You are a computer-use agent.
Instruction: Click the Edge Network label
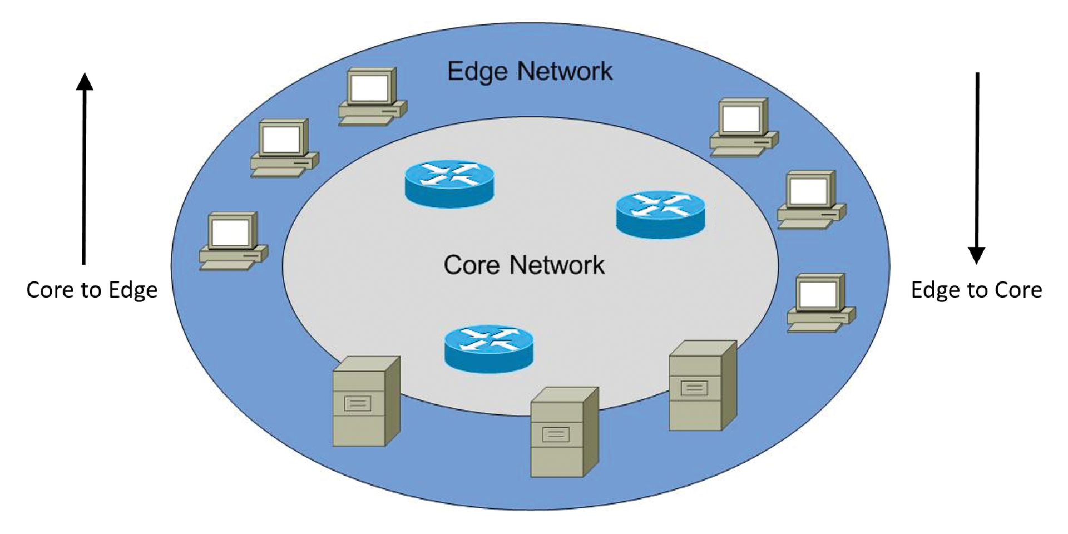pyautogui.click(x=530, y=72)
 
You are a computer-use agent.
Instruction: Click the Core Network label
pyautogui.click(x=524, y=265)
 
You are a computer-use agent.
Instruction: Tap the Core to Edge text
pyautogui.click(x=92, y=290)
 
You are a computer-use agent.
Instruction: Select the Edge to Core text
pyautogui.click(x=976, y=290)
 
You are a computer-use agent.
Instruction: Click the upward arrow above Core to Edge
pyautogui.click(x=84, y=167)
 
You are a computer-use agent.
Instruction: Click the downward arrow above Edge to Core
pyautogui.click(x=977, y=167)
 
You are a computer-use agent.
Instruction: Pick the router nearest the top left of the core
pyautogui.click(x=449, y=184)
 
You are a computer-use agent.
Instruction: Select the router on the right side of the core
pyautogui.click(x=660, y=215)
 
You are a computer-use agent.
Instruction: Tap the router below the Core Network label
pyautogui.click(x=489, y=348)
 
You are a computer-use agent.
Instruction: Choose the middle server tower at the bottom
pyautogui.click(x=563, y=432)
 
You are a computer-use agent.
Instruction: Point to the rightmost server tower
pyautogui.click(x=702, y=385)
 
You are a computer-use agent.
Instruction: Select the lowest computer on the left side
pyautogui.click(x=233, y=241)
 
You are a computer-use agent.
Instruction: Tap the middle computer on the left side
pyautogui.click(x=284, y=148)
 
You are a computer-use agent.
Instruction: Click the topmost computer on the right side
pyautogui.click(x=744, y=127)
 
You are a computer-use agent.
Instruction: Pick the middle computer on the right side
pyautogui.click(x=811, y=200)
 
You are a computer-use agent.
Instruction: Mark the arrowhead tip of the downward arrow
pyautogui.click(x=977, y=262)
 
